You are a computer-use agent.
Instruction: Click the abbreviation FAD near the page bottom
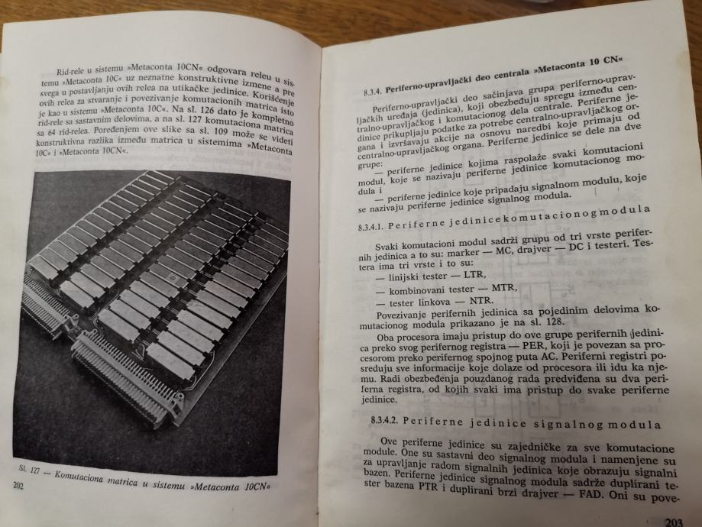coord(600,493)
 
